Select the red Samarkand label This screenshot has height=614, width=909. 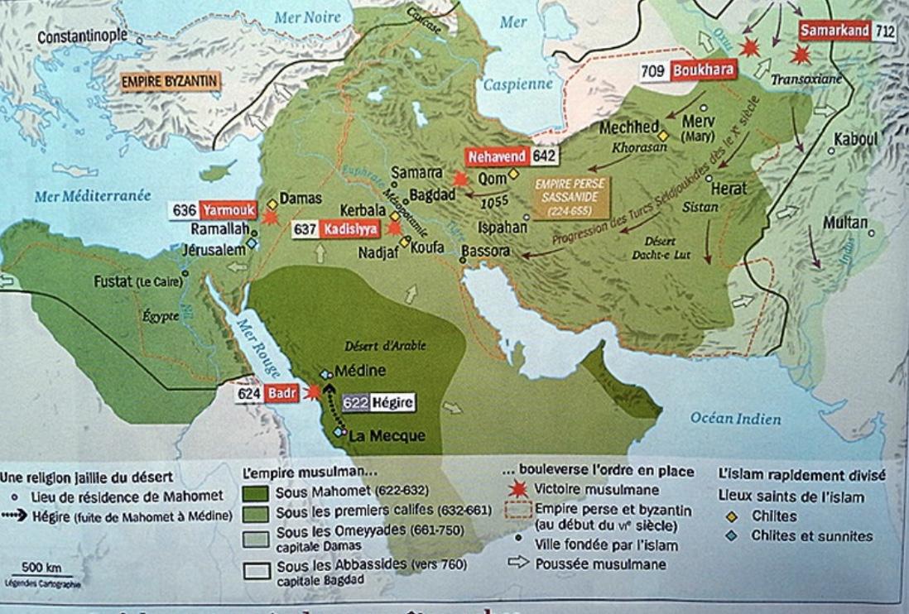coord(834,31)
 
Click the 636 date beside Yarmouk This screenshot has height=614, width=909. coord(184,210)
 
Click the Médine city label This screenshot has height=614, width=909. coord(361,372)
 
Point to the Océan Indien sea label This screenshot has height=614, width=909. coord(735,419)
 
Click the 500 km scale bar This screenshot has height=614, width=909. coord(42,575)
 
